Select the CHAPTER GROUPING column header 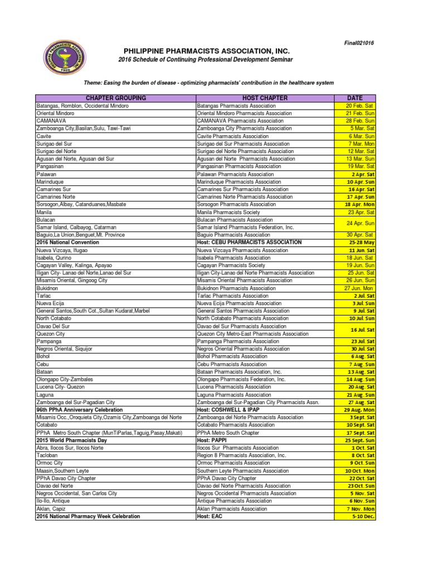(115, 98)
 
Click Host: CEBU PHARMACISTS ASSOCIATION (249, 243)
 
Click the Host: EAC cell (210, 517)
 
